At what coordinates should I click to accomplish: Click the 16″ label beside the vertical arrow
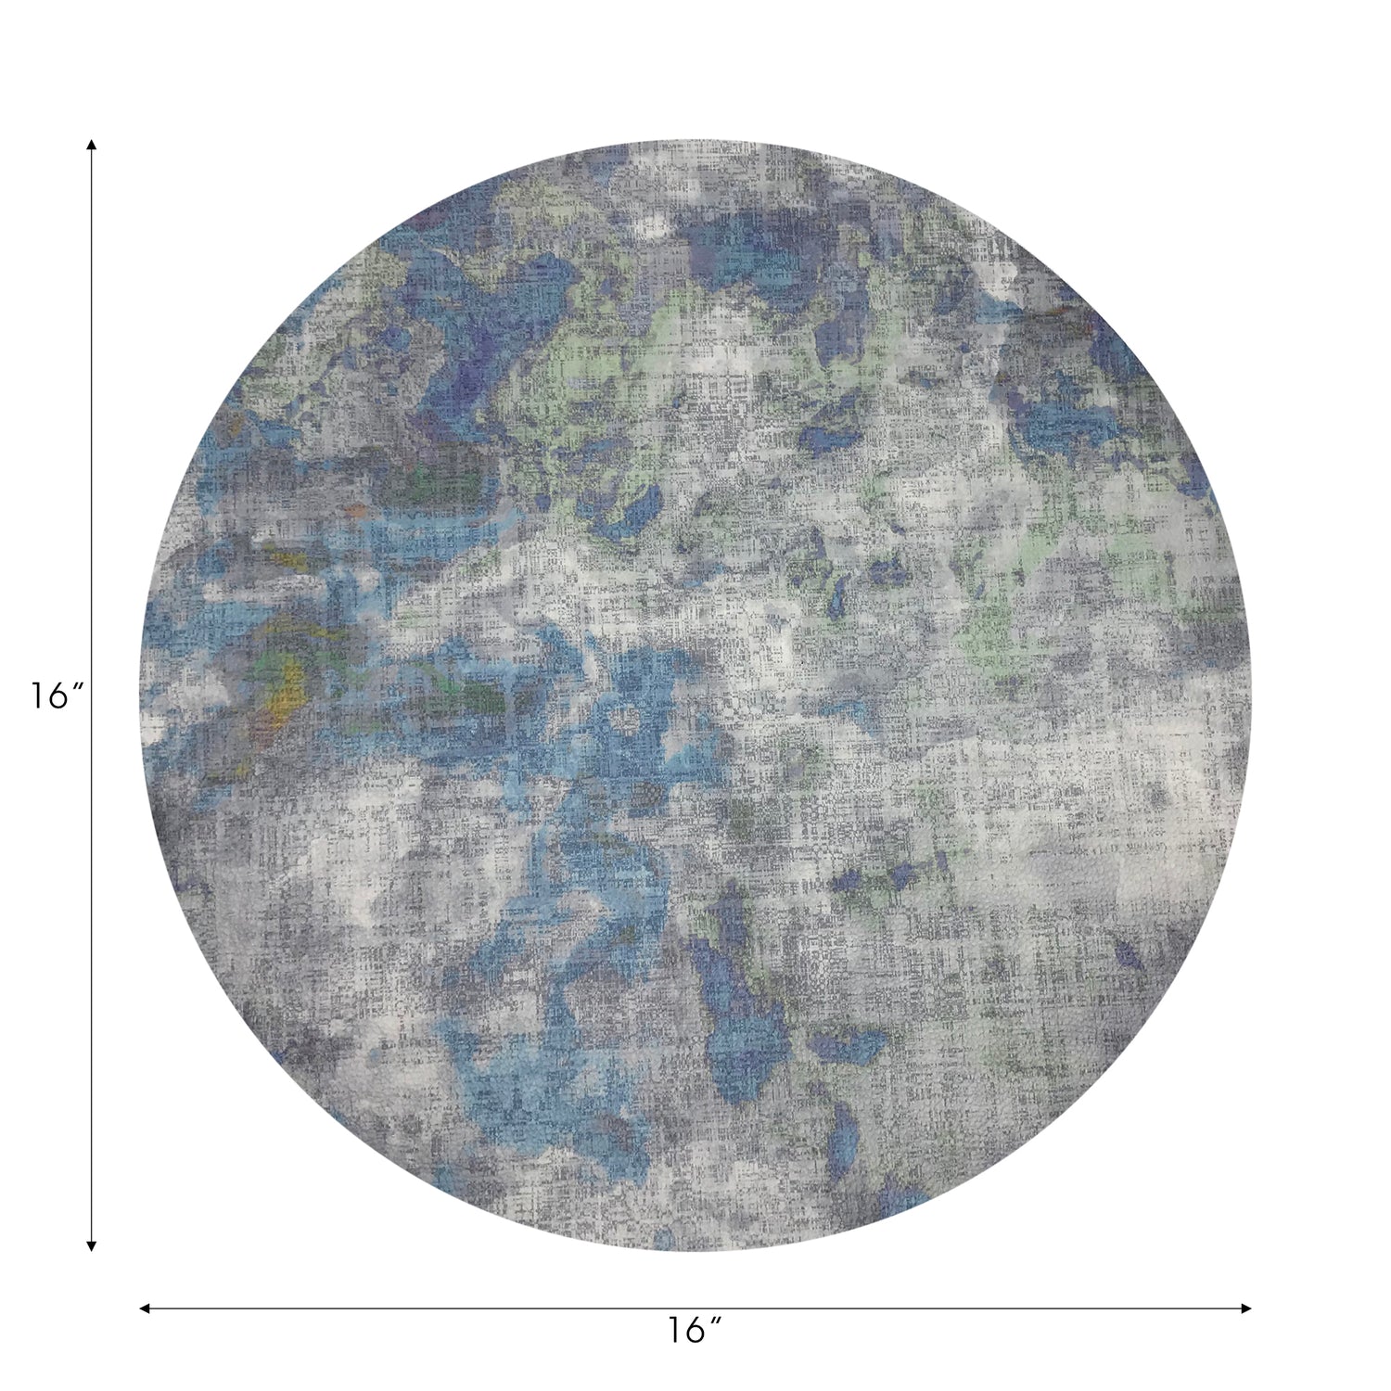(x=57, y=695)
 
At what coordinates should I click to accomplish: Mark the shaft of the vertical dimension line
(x=91, y=464)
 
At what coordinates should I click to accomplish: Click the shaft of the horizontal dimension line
(x=464, y=1308)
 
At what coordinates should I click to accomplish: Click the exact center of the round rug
(x=695, y=695)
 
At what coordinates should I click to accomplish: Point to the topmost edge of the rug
(x=695, y=142)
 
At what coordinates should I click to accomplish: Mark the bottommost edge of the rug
(x=695, y=1250)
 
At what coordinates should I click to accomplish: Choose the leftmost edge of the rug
(x=141, y=695)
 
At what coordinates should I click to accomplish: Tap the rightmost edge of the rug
(x=1250, y=695)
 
